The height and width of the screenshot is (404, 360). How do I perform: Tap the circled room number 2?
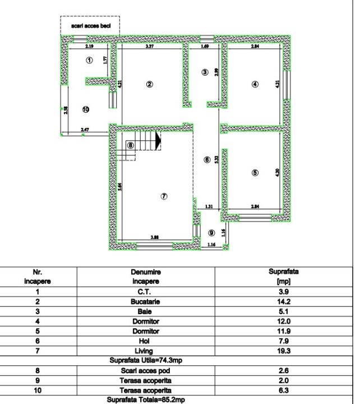(149, 84)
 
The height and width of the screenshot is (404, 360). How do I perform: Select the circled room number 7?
(164, 196)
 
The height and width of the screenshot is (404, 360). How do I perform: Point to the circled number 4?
(255, 84)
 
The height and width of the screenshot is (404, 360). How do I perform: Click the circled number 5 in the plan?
(255, 173)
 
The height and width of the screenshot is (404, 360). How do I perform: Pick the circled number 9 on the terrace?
(211, 232)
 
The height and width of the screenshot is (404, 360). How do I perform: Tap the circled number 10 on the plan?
(86, 109)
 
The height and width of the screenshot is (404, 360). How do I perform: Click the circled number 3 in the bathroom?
(205, 72)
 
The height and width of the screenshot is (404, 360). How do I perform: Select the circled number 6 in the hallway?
(207, 160)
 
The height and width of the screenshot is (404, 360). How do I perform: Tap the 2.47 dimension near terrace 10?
(85, 130)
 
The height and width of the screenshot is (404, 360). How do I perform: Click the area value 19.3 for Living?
(283, 350)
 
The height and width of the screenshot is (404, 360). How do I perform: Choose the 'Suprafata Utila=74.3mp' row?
(145, 360)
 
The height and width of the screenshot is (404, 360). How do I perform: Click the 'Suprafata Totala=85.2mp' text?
(145, 400)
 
